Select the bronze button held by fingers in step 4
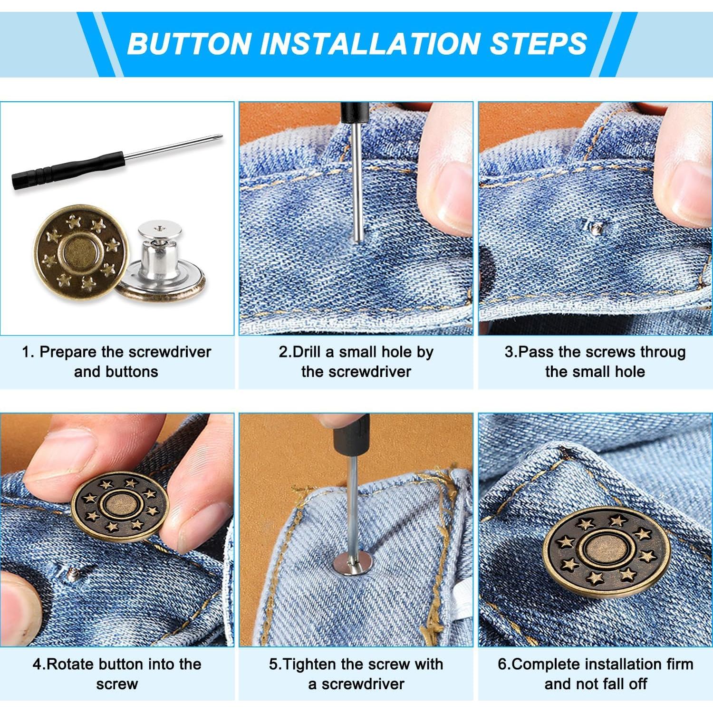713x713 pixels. pos(120,506)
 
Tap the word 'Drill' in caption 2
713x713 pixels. pos(307,352)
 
